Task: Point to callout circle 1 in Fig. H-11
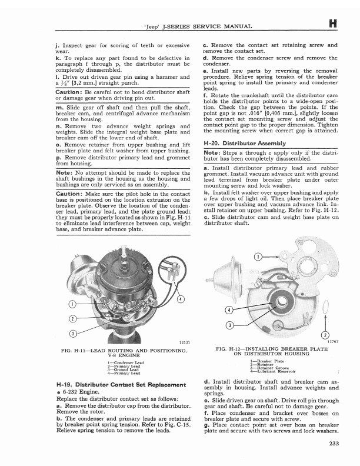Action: click(71, 304)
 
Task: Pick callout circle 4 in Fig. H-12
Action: click(230, 311)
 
